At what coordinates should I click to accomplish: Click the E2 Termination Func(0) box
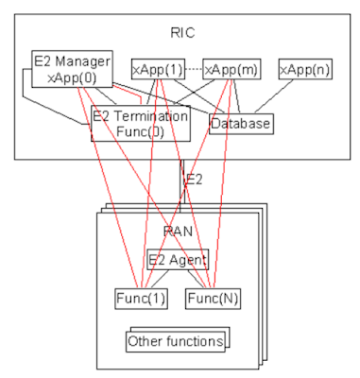pyautogui.click(x=140, y=123)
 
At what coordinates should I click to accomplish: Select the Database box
pyautogui.click(x=240, y=123)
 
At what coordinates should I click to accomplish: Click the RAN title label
pyautogui.click(x=180, y=231)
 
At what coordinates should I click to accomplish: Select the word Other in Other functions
pyautogui.click(x=147, y=339)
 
